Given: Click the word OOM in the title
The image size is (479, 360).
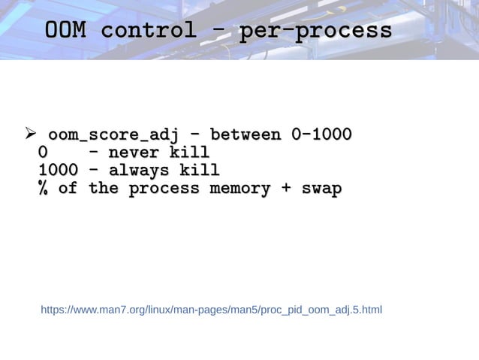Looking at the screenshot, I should [65, 31].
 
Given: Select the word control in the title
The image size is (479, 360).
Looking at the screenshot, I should [149, 31].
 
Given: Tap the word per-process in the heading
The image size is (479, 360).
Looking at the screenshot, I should [315, 31].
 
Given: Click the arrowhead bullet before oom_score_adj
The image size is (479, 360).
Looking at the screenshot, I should [31, 135].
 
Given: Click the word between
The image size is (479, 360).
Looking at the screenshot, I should [246, 135].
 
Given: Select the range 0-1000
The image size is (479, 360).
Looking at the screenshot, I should [321, 135].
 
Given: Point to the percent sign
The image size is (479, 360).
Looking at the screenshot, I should [44, 189].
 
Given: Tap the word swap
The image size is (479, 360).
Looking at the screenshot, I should [321, 189].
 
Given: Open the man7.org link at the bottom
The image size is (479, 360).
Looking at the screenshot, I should [211, 309].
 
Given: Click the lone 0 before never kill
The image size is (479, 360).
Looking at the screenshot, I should [44, 153].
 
